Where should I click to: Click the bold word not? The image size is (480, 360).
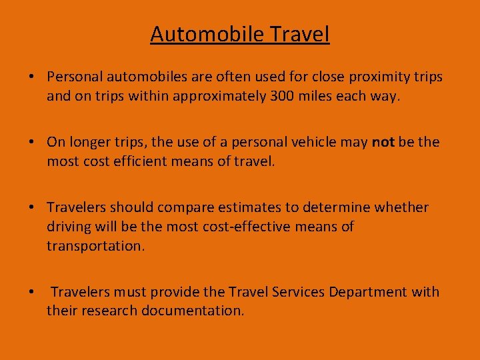pyautogui.click(x=383, y=142)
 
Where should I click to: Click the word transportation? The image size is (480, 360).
pyautogui.click(x=94, y=246)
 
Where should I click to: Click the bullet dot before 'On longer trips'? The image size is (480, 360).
pyautogui.click(x=32, y=142)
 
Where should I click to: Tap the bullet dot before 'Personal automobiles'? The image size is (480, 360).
pyautogui.click(x=32, y=77)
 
